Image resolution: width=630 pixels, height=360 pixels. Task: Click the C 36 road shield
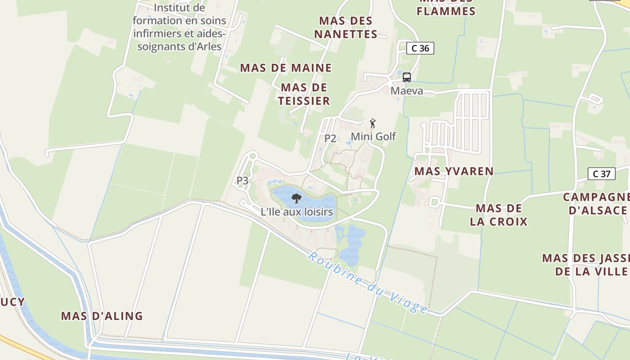click(x=420, y=48)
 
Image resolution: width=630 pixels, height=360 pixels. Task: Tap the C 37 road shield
click(x=601, y=174)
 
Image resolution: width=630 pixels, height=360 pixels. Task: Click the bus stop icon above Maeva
click(x=407, y=77)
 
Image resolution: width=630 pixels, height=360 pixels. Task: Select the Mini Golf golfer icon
click(x=373, y=123)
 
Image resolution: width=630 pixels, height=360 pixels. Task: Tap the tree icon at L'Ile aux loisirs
click(x=296, y=198)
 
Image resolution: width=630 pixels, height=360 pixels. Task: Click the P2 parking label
click(x=330, y=139)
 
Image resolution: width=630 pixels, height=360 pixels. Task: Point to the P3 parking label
click(x=243, y=180)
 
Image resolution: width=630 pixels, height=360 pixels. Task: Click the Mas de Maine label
click(x=286, y=68)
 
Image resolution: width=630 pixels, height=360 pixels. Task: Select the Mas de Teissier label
click(x=304, y=94)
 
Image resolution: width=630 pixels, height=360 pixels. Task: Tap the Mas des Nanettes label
click(x=346, y=27)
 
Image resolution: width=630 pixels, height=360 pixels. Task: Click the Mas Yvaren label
click(x=454, y=171)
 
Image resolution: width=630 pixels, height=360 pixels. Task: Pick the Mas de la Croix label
click(x=499, y=215)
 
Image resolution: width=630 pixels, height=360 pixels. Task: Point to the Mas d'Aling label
click(x=102, y=316)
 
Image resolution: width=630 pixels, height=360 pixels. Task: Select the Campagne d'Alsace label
click(x=597, y=203)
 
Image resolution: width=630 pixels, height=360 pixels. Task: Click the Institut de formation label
click(x=179, y=27)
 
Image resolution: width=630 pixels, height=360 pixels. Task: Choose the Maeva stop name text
click(x=407, y=91)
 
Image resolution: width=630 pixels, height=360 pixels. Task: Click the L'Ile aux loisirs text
click(x=297, y=211)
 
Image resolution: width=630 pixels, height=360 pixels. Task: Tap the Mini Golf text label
click(x=373, y=136)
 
